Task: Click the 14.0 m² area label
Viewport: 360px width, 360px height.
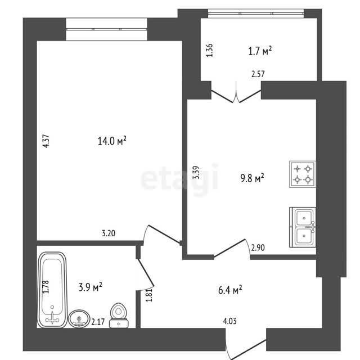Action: click(112, 141)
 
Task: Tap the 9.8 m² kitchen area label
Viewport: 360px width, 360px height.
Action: click(252, 178)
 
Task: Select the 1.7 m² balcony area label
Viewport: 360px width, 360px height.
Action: click(260, 51)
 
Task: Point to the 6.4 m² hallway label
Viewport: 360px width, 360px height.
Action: click(230, 290)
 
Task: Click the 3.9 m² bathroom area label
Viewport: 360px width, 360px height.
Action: click(90, 287)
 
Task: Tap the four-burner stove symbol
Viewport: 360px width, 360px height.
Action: click(303, 174)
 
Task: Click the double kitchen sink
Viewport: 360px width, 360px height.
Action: click(303, 227)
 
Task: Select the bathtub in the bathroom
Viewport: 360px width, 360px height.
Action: click(52, 290)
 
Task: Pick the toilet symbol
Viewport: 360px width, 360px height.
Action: click(119, 315)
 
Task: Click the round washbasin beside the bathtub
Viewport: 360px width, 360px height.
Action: click(79, 319)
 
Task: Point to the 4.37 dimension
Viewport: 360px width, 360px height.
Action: click(46, 141)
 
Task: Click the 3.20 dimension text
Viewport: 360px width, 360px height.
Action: click(109, 233)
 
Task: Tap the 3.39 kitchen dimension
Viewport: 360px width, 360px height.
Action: click(196, 173)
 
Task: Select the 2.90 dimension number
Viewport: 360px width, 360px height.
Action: click(258, 247)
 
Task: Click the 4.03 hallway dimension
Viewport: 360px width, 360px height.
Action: click(229, 321)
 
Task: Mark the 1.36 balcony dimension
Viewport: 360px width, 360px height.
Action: click(209, 50)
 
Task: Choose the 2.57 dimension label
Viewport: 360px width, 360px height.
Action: click(258, 74)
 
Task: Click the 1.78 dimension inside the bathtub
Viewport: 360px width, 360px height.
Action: click(46, 287)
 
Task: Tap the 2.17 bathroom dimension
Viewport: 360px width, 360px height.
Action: click(98, 322)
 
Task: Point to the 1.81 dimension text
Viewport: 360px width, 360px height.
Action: click(149, 295)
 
